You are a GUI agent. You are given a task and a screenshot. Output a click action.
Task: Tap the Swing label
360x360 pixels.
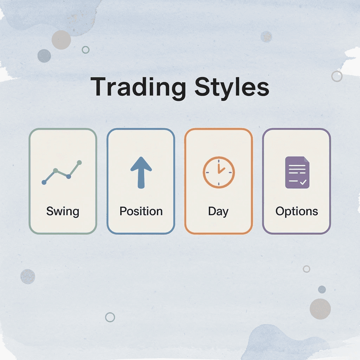coord(63,211)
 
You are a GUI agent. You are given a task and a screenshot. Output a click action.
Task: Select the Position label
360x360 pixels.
coord(141,211)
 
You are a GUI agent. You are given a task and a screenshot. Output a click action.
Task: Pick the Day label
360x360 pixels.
coord(218,211)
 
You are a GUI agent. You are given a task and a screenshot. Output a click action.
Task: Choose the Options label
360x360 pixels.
coord(296,211)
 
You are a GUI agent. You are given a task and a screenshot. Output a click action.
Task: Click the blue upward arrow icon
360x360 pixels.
coord(141,172)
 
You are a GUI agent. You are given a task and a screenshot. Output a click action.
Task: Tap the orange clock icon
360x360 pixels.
coord(219,172)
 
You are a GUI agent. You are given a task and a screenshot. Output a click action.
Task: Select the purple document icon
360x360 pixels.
coord(297,172)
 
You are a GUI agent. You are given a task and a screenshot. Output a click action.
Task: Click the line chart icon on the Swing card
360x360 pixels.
coord(62,172)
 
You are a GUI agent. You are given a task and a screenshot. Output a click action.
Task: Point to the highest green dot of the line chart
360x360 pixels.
coord(79,162)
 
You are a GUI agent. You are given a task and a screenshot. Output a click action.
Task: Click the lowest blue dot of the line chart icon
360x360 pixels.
coord(44,182)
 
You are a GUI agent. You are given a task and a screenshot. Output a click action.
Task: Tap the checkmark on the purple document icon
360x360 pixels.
coord(303,182)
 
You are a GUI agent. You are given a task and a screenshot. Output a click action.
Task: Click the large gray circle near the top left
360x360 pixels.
coord(61,39)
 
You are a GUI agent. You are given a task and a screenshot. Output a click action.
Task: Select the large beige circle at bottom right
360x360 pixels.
coord(320,309)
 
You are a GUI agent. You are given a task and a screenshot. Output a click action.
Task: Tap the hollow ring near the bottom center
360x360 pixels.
coord(110,317)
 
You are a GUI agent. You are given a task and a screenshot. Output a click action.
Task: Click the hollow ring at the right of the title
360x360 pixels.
coord(337,76)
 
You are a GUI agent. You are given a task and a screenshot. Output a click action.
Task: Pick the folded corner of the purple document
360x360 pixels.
coord(306,160)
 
